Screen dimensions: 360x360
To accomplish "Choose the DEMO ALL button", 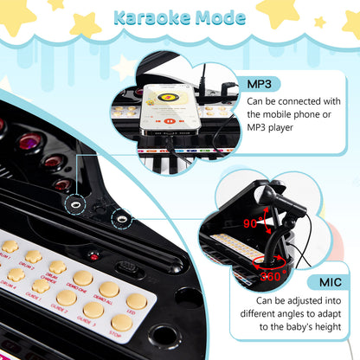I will (x=108, y=289).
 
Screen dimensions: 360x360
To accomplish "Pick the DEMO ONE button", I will (x=83, y=279).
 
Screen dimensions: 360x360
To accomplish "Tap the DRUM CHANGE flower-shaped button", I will (x=57, y=267).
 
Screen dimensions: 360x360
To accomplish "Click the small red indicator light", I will (x=94, y=256).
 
